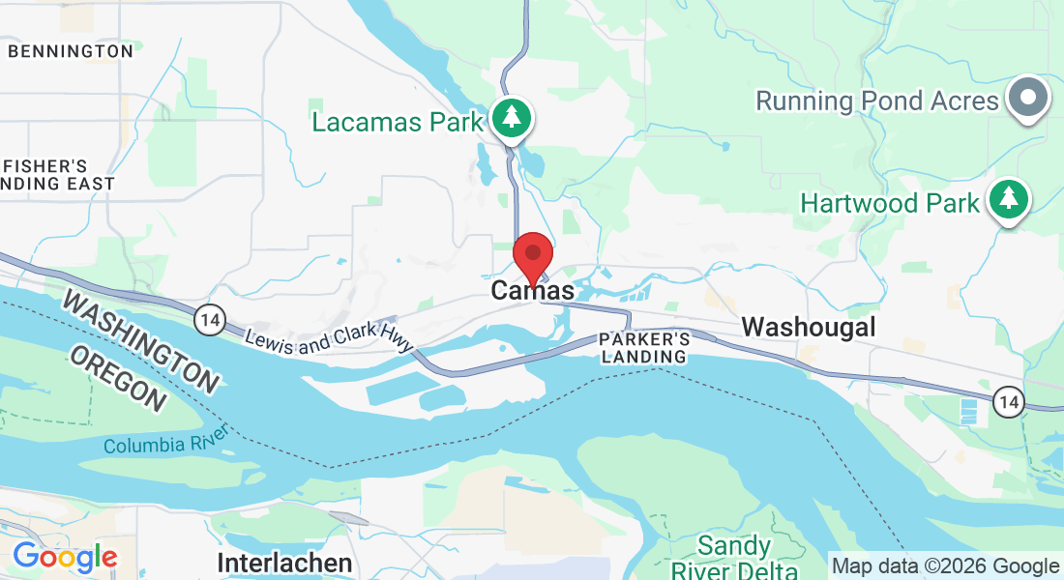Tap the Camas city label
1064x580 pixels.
532,290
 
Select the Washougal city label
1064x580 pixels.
808,327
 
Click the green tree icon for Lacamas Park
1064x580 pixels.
512,118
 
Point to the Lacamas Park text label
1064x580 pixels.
397,123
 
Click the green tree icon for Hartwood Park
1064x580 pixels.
1009,198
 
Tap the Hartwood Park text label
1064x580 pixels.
891,204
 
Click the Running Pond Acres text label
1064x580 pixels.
876,101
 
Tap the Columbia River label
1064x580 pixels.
165,445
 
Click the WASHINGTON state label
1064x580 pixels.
140,340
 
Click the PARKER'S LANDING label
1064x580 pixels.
644,348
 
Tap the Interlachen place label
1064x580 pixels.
283,563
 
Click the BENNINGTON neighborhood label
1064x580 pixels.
70,50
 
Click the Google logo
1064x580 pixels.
65,557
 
